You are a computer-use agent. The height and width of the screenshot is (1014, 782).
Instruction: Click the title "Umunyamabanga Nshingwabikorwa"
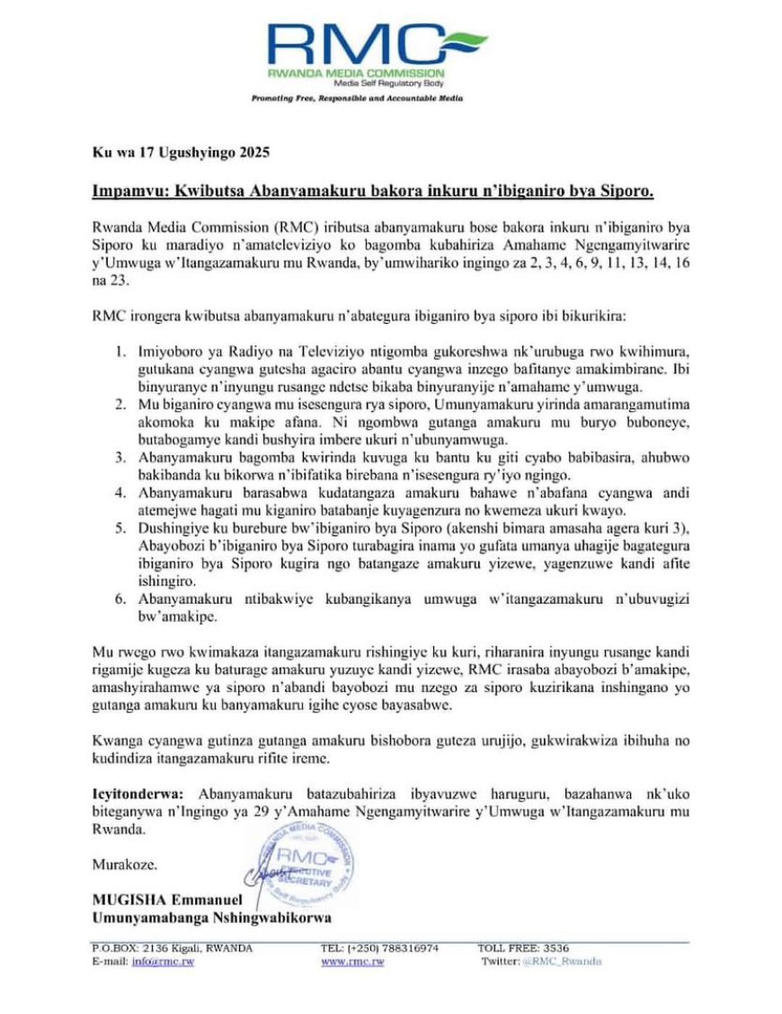[211, 919]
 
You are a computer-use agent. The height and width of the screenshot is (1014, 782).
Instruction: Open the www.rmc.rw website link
[352, 962]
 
